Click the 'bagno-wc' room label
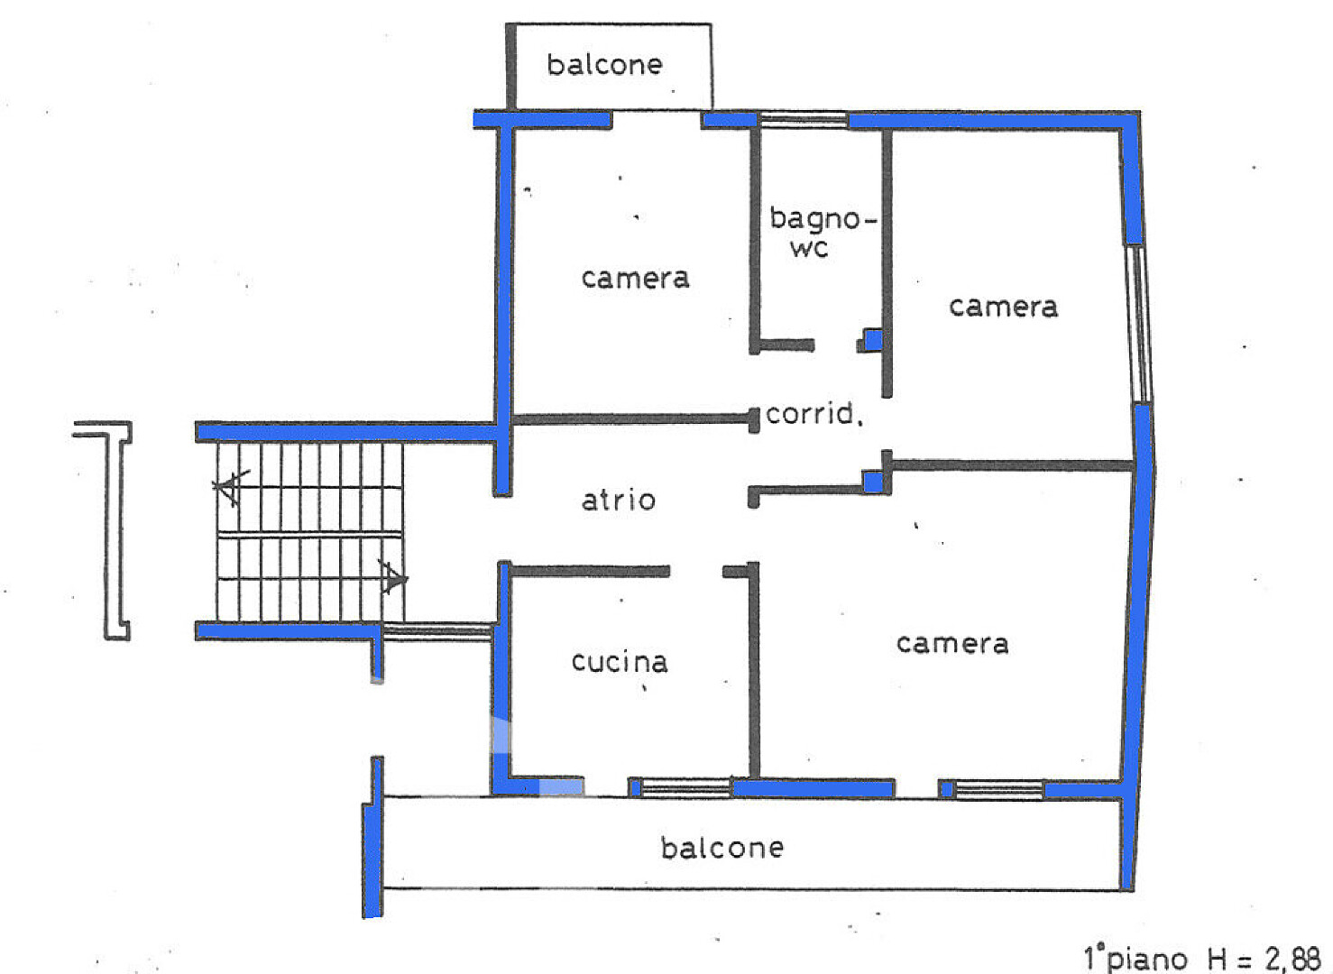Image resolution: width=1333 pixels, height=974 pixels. (823, 232)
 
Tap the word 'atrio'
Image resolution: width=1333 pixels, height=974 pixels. (619, 500)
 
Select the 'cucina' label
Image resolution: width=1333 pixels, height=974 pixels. (620, 662)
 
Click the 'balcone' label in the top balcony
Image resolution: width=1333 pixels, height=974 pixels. (604, 65)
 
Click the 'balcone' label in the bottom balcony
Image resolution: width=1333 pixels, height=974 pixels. (722, 848)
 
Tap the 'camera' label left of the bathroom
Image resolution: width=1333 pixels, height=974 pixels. (636, 279)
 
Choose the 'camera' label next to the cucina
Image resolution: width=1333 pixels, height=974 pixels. (952, 644)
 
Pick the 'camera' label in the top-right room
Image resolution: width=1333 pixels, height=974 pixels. (1003, 308)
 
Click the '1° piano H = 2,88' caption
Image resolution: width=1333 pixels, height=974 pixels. (1201, 959)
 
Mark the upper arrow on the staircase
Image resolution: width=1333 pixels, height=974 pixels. (232, 487)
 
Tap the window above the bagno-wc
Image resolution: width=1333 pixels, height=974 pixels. (804, 120)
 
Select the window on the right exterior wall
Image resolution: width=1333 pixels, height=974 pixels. (1138, 325)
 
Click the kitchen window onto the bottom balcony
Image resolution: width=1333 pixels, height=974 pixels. (686, 788)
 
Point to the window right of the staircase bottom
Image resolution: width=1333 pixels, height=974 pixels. (437, 632)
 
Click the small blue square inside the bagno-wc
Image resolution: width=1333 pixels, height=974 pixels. (873, 340)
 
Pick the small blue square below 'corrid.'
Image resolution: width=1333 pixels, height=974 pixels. (873, 482)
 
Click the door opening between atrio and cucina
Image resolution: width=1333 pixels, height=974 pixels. (696, 572)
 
